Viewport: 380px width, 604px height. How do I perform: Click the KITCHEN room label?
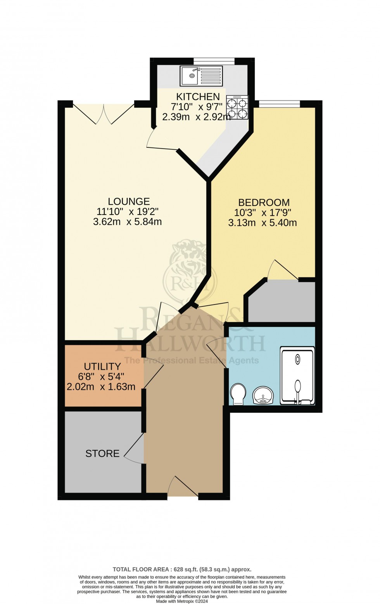(198, 97)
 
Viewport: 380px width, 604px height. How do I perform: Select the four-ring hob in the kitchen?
(237, 109)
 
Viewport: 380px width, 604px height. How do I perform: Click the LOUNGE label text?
(129, 201)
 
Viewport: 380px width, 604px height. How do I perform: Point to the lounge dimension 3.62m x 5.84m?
(127, 222)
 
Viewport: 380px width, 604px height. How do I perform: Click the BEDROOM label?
(264, 202)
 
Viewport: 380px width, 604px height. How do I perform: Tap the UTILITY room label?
(102, 366)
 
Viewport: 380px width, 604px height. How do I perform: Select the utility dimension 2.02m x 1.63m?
(102, 387)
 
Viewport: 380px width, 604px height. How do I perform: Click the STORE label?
(102, 453)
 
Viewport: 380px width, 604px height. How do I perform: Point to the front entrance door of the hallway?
(183, 487)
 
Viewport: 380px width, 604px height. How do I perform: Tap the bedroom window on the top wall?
(279, 103)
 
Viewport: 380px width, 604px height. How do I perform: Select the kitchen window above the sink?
(214, 60)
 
